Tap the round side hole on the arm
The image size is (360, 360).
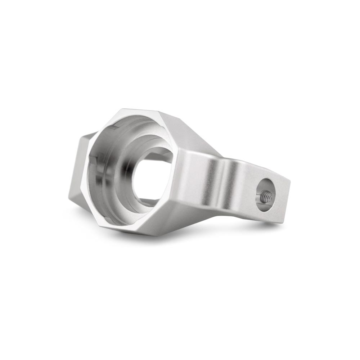pos(266,194)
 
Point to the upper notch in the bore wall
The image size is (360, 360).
pos(114,127)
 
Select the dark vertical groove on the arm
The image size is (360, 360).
pos(220,184)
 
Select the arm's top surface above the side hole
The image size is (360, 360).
pos(259,169)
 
